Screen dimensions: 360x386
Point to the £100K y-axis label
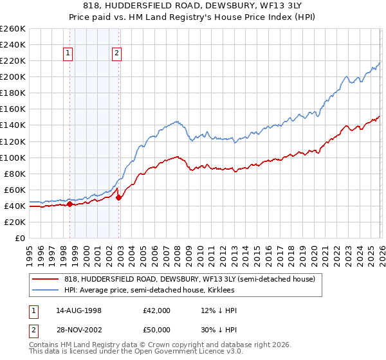click(13, 157)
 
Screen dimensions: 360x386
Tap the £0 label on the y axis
click(19, 238)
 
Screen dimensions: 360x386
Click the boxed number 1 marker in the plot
click(68, 54)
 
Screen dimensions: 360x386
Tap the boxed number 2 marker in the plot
click(117, 54)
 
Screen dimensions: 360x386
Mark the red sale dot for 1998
click(70, 204)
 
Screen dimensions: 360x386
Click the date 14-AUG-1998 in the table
click(78, 310)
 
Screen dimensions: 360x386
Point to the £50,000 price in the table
click(157, 329)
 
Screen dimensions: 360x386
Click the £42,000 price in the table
click(157, 310)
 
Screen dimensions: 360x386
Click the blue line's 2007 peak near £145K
click(174, 122)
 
